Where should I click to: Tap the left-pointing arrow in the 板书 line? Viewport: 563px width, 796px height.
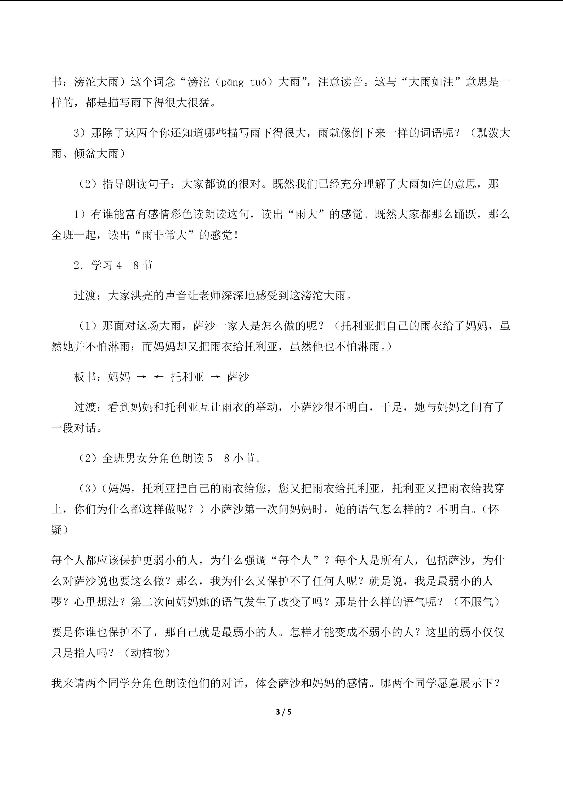[158, 377]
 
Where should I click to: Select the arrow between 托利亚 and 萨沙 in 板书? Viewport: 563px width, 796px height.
[215, 377]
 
